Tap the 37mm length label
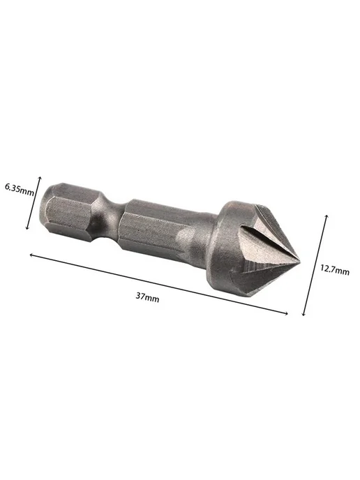pyautogui.click(x=147, y=297)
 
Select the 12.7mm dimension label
pyautogui.click(x=335, y=270)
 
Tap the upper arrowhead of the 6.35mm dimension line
pyautogui.click(x=40, y=179)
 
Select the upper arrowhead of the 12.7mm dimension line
pyautogui.click(x=327, y=217)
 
